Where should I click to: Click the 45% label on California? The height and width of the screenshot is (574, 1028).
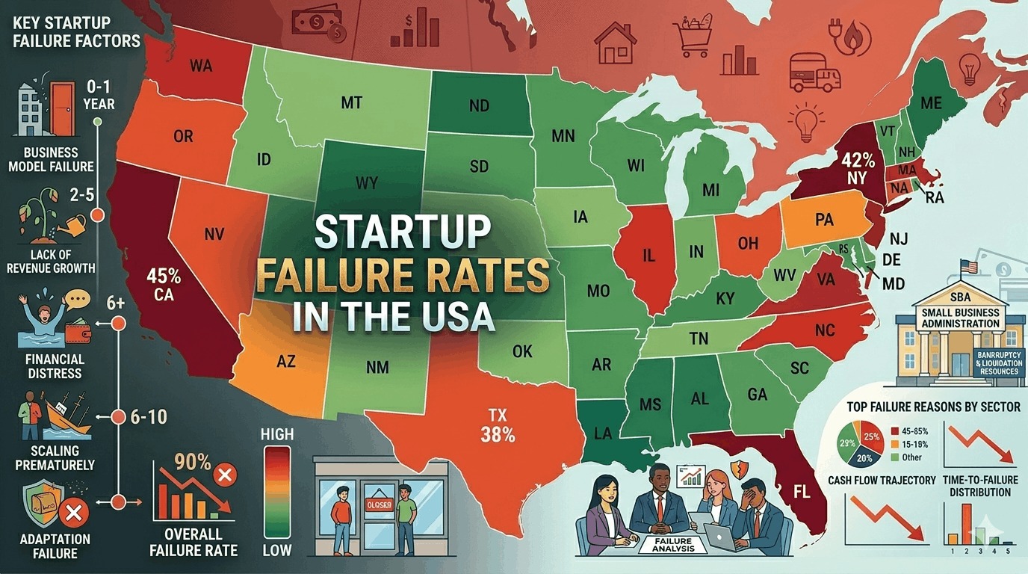click(x=164, y=276)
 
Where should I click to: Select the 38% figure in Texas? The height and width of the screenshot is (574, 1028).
click(x=498, y=434)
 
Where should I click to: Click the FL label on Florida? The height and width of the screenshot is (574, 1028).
click(x=802, y=494)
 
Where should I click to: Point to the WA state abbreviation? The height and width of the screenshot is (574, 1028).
click(x=201, y=66)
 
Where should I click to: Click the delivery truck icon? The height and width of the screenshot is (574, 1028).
click(x=815, y=72)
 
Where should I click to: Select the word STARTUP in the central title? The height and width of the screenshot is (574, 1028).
click(x=402, y=232)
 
